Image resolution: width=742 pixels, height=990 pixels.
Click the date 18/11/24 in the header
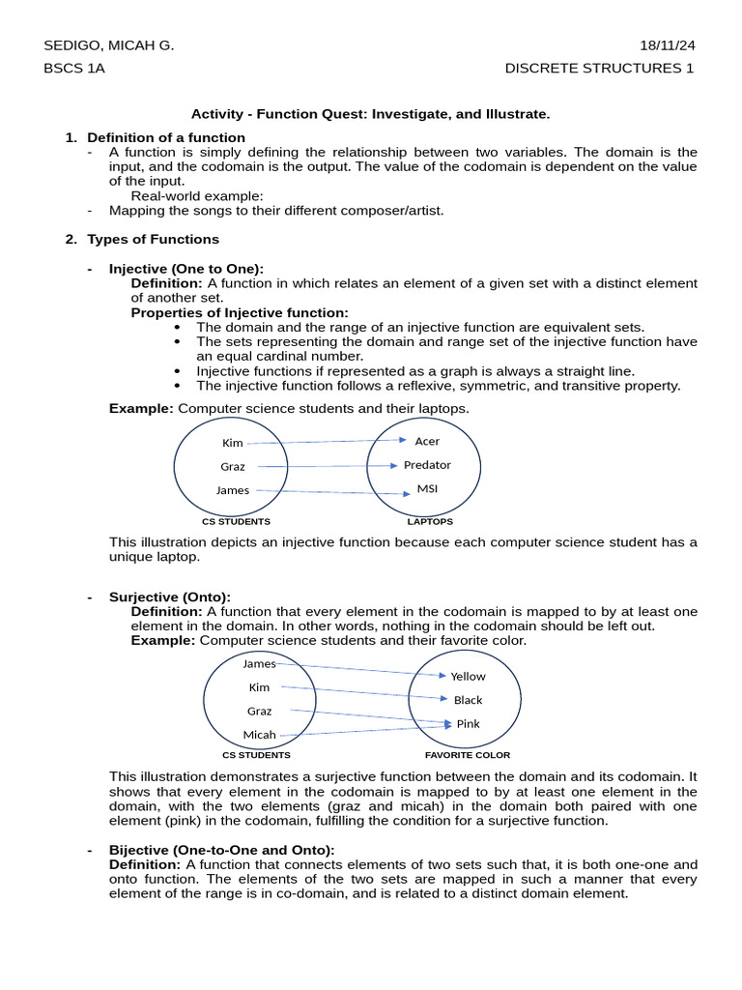point(667,45)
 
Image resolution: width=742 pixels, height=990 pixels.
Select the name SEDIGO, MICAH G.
point(109,45)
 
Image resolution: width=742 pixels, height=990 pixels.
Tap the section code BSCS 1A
point(74,68)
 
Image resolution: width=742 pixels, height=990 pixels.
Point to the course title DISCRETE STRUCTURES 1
point(599,68)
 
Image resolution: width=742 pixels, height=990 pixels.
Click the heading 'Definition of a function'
point(166,137)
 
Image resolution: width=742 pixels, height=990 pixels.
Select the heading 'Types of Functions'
point(153,239)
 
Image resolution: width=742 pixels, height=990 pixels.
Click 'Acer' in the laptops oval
point(427,441)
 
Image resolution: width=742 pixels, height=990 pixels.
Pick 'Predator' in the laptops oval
point(427,465)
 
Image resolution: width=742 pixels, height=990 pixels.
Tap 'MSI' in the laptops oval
point(427,489)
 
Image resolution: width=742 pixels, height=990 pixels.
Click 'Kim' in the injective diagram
point(233,443)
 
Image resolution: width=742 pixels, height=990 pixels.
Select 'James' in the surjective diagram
point(259,663)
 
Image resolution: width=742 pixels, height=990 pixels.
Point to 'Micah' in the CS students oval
point(259,735)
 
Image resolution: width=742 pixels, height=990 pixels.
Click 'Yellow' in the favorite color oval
point(469,677)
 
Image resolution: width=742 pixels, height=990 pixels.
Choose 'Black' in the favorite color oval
point(468,700)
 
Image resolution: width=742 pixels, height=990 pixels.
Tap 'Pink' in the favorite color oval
point(468,724)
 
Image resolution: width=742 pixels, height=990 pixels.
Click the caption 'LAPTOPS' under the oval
point(430,522)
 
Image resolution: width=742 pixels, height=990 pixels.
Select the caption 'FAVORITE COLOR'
point(468,755)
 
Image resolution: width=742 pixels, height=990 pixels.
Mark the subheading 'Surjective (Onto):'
point(170,597)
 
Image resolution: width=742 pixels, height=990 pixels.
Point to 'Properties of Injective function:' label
point(240,312)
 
